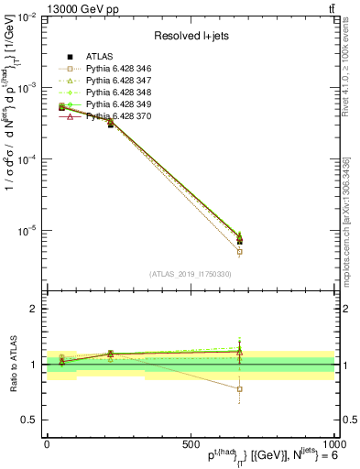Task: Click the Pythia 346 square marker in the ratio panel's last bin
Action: coord(239,388)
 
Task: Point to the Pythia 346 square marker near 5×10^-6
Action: coord(239,251)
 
